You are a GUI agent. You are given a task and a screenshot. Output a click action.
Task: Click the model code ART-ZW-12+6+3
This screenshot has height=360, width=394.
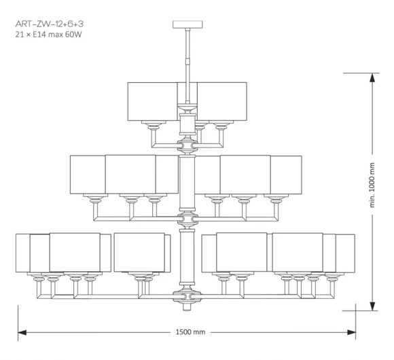49,24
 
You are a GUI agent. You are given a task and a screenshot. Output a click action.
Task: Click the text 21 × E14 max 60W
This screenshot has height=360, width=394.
48,34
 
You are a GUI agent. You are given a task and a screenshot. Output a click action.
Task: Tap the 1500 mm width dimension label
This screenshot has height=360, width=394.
190,332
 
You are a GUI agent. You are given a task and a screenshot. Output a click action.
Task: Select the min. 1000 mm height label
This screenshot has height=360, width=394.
372,185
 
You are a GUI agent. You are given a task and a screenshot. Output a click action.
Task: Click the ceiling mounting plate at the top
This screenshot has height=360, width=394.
187,24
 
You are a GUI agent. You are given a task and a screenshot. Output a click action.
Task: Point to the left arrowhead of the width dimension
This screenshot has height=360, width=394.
22,332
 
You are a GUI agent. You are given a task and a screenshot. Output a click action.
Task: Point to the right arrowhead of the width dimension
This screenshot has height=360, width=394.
351,332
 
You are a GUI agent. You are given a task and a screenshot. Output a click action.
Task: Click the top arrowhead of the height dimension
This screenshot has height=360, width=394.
372,77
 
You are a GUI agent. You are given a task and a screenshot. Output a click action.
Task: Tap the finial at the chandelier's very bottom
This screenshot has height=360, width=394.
187,306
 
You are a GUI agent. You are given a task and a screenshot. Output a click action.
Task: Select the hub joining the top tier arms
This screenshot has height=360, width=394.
187,145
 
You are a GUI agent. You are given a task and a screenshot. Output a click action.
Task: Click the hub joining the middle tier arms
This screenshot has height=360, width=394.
187,219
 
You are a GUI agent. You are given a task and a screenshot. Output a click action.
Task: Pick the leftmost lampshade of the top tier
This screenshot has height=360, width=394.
152,101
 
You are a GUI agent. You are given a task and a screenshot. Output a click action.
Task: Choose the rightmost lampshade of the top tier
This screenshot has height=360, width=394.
221,101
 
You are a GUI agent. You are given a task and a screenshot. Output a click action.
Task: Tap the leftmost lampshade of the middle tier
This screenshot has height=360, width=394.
88,175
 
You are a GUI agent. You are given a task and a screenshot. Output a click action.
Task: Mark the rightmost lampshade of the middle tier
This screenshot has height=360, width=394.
286,175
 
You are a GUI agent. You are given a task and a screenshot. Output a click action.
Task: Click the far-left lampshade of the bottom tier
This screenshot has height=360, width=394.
23,253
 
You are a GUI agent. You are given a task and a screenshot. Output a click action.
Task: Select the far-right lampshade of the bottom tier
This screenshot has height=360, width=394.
345,253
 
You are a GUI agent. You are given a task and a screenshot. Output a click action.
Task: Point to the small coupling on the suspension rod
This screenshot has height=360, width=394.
187,61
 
